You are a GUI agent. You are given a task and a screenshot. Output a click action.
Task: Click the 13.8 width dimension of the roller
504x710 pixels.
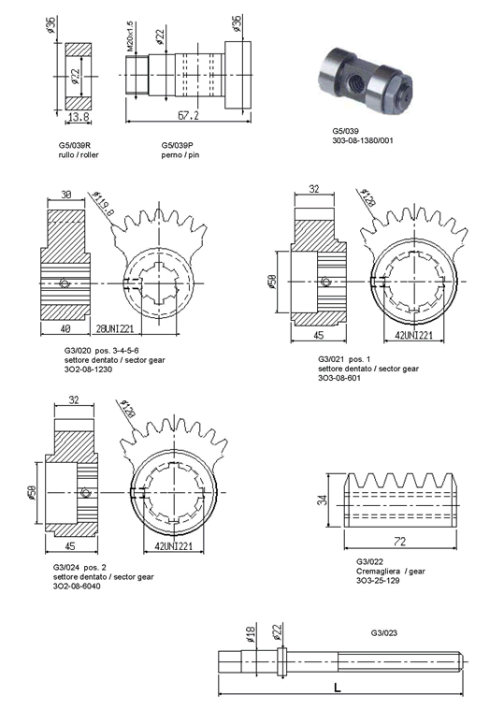(x=79, y=117)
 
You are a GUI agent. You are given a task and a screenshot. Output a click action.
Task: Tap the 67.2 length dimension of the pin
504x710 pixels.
(x=188, y=115)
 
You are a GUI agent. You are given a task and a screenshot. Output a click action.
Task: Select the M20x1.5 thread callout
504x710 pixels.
(x=130, y=36)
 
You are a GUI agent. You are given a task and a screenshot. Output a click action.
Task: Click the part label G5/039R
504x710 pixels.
(x=75, y=145)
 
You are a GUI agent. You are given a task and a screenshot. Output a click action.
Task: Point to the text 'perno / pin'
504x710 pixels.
(x=180, y=155)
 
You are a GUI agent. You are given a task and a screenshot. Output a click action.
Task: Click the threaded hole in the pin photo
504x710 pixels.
(x=352, y=81)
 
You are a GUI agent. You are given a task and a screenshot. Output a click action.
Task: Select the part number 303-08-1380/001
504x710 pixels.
(x=363, y=140)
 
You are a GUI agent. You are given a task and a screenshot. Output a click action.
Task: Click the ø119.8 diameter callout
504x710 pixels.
(x=104, y=204)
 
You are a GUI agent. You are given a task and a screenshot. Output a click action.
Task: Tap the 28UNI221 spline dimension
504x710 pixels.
(x=114, y=327)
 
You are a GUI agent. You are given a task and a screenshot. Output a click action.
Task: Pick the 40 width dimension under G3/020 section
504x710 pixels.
(x=65, y=327)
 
